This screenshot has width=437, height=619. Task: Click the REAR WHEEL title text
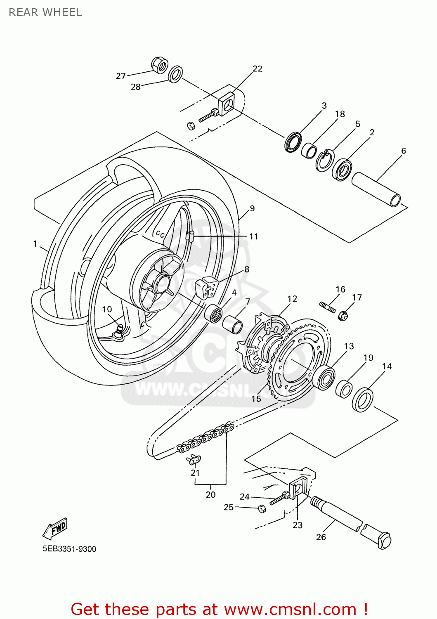[45, 12]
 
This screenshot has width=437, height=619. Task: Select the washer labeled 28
[176, 74]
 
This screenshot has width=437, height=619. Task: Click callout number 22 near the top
[257, 69]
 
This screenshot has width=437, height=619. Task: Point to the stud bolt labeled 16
[328, 307]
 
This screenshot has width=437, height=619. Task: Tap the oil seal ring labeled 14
[363, 399]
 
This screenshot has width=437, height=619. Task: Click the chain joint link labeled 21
[194, 459]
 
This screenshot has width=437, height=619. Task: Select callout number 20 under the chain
[210, 494]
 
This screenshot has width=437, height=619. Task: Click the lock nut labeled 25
[262, 508]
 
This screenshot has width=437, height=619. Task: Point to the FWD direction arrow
[55, 529]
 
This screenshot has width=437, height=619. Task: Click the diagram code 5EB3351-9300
[69, 549]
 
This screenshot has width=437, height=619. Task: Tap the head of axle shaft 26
[384, 541]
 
